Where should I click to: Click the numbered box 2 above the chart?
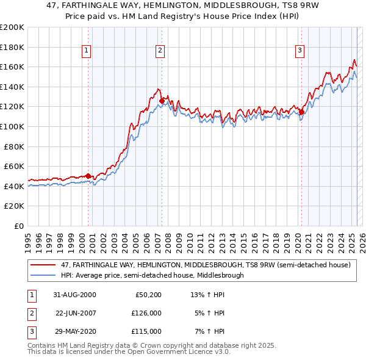coord(159,51)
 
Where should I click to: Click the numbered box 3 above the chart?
coord(300,51)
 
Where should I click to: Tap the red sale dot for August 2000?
coord(88,176)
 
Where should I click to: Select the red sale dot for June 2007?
coord(162,101)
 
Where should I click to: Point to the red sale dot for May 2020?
coord(301,112)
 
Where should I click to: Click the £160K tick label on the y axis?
coord(12,67)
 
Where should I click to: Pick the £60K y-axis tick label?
coord(14,166)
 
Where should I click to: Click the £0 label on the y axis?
coord(19,226)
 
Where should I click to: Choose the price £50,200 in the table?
coord(147,295)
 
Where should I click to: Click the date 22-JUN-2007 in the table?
coord(76,313)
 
